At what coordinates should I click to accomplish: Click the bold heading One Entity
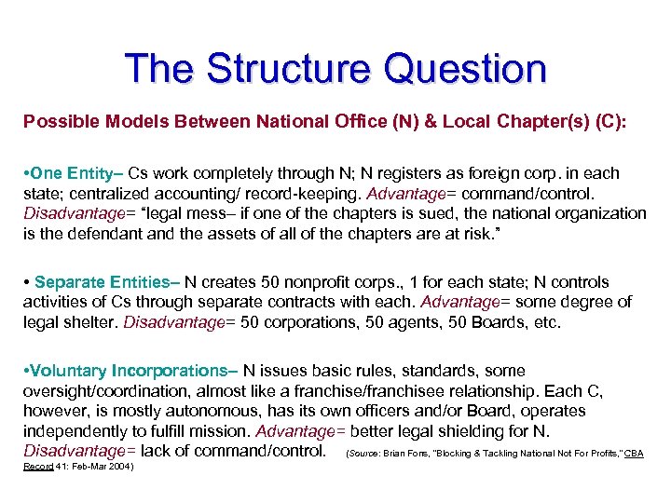coord(76,173)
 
